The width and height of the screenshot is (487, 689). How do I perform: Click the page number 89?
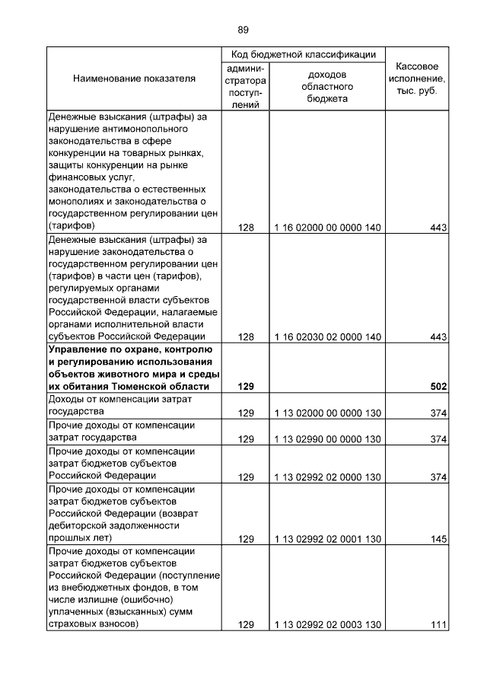pyautogui.click(x=243, y=30)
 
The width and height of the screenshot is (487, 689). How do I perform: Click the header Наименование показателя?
pyautogui.click(x=134, y=78)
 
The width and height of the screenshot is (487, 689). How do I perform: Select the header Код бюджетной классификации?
pyautogui.click(x=303, y=54)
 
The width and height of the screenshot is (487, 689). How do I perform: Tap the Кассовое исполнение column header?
pyautogui.click(x=416, y=79)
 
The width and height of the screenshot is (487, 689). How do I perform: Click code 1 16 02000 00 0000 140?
pyautogui.click(x=327, y=228)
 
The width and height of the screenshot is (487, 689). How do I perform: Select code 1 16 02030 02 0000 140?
pyautogui.click(x=327, y=337)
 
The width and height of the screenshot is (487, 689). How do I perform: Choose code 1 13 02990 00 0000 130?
pyautogui.click(x=327, y=439)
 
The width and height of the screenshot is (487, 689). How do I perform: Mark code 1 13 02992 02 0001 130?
pyautogui.click(x=327, y=539)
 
